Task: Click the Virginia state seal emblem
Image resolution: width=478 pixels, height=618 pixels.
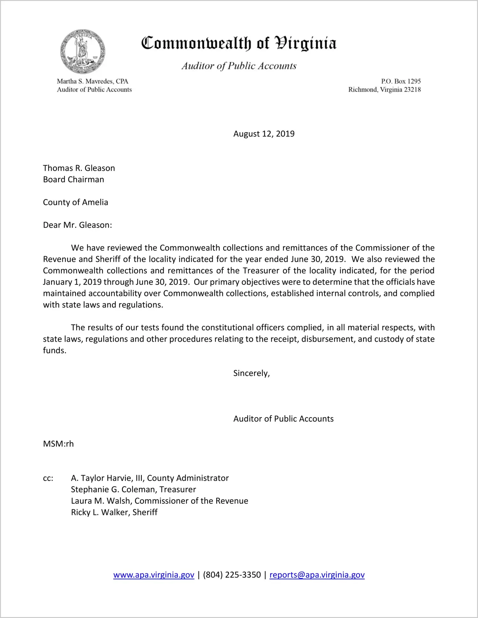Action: click(x=83, y=51)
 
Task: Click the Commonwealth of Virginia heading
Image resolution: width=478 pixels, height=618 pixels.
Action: click(x=239, y=43)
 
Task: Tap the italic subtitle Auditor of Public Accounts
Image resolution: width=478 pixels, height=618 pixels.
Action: click(x=239, y=66)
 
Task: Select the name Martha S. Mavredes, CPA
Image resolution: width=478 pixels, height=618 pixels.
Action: click(x=92, y=81)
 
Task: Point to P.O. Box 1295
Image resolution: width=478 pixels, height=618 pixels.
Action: click(x=401, y=81)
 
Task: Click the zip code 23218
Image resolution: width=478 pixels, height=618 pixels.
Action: click(x=412, y=90)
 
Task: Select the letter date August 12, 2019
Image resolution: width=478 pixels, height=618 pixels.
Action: click(x=264, y=134)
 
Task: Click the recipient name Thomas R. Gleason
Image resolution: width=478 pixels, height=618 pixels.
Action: click(x=79, y=168)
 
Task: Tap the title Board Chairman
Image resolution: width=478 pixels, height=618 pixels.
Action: click(x=74, y=180)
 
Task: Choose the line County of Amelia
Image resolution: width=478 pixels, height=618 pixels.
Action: click(x=76, y=202)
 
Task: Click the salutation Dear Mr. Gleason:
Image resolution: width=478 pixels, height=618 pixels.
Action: click(x=77, y=225)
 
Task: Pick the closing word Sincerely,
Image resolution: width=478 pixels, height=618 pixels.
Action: click(x=251, y=373)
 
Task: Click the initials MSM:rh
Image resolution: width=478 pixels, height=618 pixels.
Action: click(x=58, y=444)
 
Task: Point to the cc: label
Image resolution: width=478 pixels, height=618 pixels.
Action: click(x=48, y=478)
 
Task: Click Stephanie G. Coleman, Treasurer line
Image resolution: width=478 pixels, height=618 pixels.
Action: click(x=133, y=490)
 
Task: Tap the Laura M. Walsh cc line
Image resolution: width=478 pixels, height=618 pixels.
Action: click(x=159, y=501)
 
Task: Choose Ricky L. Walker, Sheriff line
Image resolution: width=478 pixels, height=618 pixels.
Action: click(x=114, y=512)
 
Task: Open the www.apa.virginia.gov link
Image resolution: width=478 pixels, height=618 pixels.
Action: click(x=154, y=575)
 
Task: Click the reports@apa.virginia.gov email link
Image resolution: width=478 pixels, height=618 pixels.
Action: click(x=317, y=575)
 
